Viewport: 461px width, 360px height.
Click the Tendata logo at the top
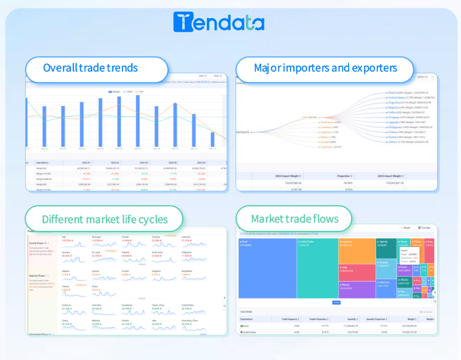[218, 22]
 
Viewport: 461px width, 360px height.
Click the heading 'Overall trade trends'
[90, 68]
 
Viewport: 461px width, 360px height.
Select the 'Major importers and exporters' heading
[325, 68]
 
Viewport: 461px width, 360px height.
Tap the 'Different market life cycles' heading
[105, 219]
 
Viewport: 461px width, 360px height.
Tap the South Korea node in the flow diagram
[328, 122]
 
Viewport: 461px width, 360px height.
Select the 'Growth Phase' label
[38, 243]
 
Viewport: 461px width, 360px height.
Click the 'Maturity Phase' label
[38, 275]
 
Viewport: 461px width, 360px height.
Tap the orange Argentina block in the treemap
[356, 251]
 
